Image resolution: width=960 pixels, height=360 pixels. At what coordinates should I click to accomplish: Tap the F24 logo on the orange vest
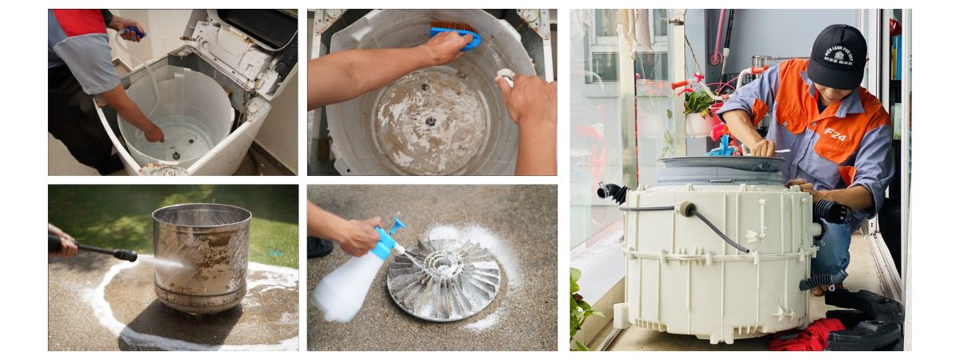click(x=835, y=134)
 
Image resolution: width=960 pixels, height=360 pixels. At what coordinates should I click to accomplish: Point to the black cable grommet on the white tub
click(x=686, y=210)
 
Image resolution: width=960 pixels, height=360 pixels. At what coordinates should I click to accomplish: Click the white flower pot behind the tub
click(x=698, y=124)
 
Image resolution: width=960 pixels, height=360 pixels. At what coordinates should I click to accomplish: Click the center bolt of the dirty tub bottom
click(x=430, y=121)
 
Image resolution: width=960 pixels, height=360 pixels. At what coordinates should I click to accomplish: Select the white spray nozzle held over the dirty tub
click(x=506, y=76)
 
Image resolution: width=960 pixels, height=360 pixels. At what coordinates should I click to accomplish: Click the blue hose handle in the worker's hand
click(x=135, y=32)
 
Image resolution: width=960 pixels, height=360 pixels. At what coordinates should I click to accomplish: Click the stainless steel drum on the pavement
click(x=201, y=256)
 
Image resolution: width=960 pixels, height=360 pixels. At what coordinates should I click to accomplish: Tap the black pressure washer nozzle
click(x=124, y=255)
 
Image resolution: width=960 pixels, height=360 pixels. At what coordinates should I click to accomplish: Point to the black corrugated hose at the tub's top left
click(x=612, y=192)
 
